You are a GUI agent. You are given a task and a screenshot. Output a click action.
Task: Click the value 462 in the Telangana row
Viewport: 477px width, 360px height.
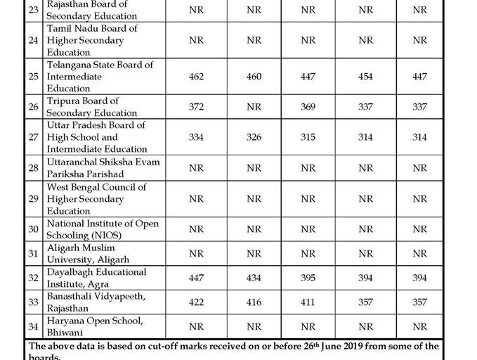click(196, 76)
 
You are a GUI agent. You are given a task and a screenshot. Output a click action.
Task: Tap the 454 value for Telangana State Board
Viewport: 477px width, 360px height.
click(365, 76)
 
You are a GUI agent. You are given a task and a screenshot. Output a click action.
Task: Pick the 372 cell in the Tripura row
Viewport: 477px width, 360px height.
click(196, 107)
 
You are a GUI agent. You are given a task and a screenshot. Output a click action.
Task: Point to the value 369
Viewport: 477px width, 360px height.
click(308, 107)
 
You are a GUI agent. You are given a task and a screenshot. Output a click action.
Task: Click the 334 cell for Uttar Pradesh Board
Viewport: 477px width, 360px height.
click(196, 137)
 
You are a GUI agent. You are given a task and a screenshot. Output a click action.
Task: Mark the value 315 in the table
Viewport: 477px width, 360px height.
click(308, 137)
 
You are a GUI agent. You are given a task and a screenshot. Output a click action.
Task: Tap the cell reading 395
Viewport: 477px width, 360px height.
click(308, 278)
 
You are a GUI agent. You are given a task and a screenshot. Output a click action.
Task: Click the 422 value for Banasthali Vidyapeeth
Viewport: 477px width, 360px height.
click(196, 302)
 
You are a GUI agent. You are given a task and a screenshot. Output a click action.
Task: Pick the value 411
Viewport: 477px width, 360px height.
click(308, 302)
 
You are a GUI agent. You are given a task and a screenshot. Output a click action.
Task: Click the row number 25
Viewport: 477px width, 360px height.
click(33, 76)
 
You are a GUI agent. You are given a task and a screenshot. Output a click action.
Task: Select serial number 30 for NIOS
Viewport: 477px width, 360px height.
click(33, 229)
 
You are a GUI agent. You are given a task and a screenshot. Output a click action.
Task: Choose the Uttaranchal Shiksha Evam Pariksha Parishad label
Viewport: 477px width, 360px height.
click(103, 167)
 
